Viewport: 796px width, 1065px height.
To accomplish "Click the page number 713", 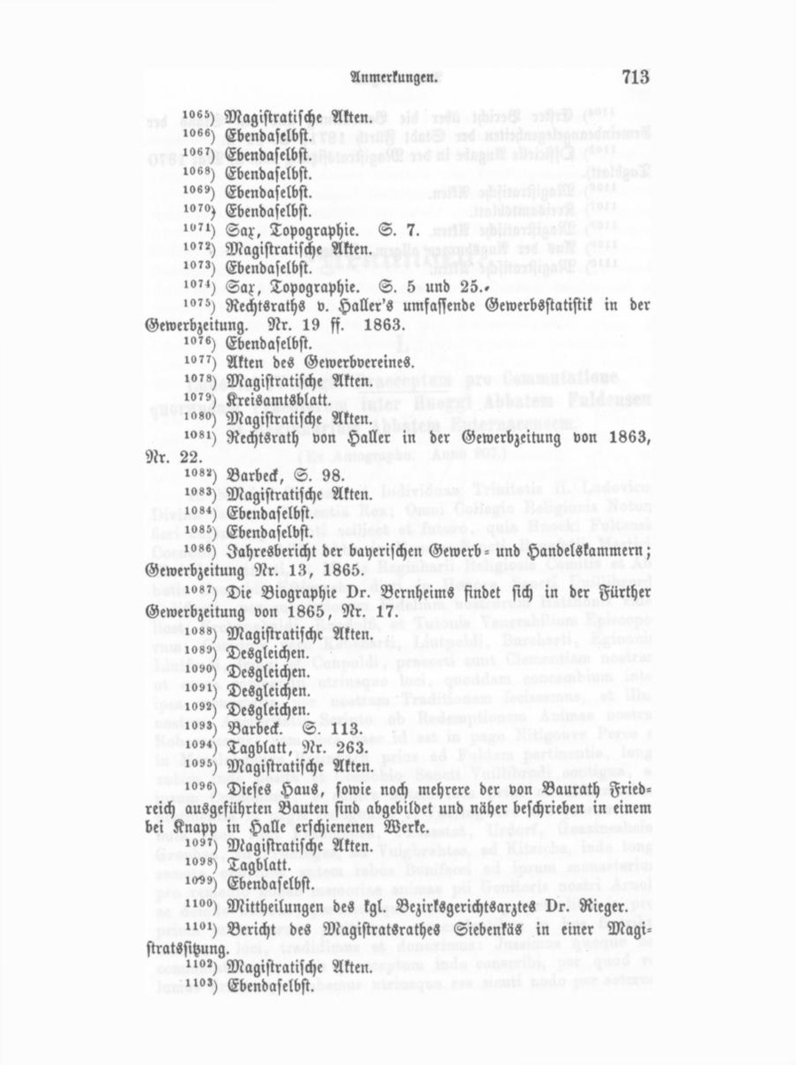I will coord(635,76).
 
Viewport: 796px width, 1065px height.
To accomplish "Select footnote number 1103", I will coord(197,985).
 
